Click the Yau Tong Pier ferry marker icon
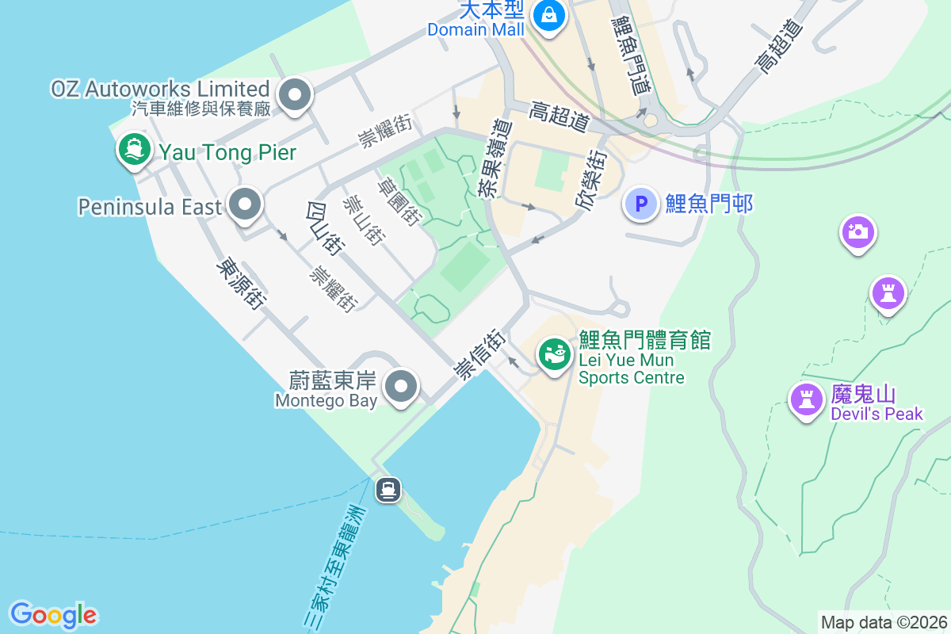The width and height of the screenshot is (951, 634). coord(134,148)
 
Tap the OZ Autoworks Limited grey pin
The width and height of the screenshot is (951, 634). coord(296,96)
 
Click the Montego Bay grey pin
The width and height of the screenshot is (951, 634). coord(400,388)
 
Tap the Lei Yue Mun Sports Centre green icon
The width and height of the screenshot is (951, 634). coord(555,353)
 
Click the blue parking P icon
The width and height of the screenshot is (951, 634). coord(641,204)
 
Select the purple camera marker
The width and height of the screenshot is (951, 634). coord(857,231)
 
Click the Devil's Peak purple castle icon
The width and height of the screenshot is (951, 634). coord(807,399)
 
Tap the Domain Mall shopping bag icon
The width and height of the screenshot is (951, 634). coord(548,14)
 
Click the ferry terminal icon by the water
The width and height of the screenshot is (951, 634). coord(388,490)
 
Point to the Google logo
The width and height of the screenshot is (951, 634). coord(53,614)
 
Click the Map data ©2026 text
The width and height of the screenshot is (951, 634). coord(883,622)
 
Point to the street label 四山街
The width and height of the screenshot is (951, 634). coord(323,229)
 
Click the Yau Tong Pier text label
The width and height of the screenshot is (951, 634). coord(227,152)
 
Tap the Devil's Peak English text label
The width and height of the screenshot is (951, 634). coord(877,414)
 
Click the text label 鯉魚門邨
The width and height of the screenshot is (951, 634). coord(708,204)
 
